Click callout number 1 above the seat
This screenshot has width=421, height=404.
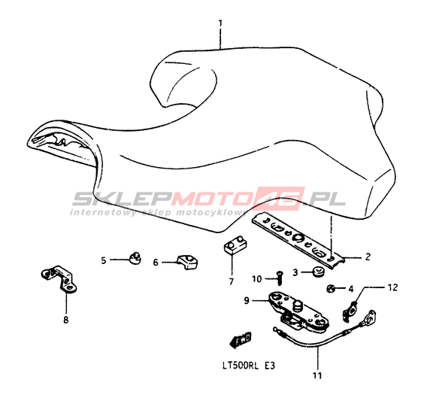coord(220,23)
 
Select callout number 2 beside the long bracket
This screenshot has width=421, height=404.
coord(368,257)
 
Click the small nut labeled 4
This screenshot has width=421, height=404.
coord(331,289)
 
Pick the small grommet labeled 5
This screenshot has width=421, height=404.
coord(135,258)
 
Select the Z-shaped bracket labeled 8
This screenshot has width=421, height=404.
coord(59,279)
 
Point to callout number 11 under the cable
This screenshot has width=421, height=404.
coord(317,375)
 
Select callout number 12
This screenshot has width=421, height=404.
coord(392,287)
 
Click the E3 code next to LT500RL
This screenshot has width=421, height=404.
coord(269,366)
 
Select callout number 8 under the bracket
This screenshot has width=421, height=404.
coord(65,320)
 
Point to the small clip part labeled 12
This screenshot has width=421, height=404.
coord(350,312)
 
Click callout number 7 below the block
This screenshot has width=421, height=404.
coord(232,281)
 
